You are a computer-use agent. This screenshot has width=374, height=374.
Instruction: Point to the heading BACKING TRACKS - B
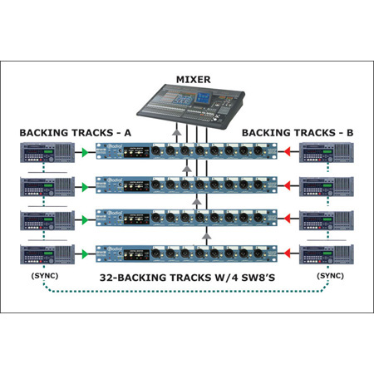point(298,133)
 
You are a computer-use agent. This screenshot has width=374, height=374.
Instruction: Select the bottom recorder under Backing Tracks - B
point(326,250)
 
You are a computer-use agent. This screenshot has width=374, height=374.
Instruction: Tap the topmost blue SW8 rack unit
point(187,153)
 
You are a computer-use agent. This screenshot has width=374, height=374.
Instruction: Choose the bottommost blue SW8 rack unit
point(187,250)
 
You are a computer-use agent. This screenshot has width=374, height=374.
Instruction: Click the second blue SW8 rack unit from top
point(187,185)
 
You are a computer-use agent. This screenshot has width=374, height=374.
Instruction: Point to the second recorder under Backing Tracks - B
point(326,185)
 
